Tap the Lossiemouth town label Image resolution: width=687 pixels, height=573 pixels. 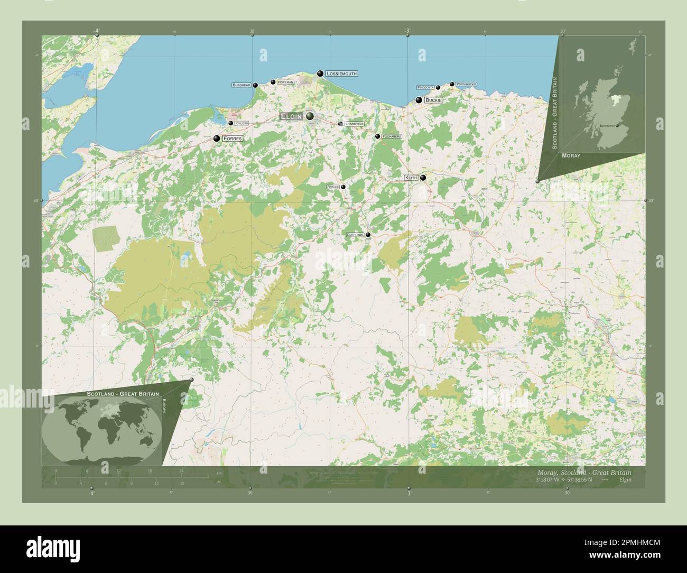click(x=341, y=74)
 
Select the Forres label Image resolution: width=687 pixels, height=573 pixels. click(x=233, y=138)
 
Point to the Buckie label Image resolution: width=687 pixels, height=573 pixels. click(x=433, y=100)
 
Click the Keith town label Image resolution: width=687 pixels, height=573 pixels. click(x=411, y=178)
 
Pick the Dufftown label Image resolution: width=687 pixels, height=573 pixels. click(x=355, y=235)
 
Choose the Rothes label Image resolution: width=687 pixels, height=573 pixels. click(x=333, y=187)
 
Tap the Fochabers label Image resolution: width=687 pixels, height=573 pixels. click(x=391, y=136)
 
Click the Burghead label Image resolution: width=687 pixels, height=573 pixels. click(x=241, y=85)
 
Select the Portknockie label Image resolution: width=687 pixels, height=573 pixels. click(x=466, y=84)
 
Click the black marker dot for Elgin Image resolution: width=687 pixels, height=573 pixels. click(x=309, y=116)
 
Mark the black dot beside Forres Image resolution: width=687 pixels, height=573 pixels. click(x=217, y=138)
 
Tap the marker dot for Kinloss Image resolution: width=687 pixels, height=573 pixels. click(x=231, y=123)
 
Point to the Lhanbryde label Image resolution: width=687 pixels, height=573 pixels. click(x=354, y=124)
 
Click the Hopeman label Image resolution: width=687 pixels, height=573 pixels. click(x=285, y=82)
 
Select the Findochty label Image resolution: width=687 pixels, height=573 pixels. click(x=425, y=87)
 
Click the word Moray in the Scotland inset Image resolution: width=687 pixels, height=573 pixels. click(x=571, y=156)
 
